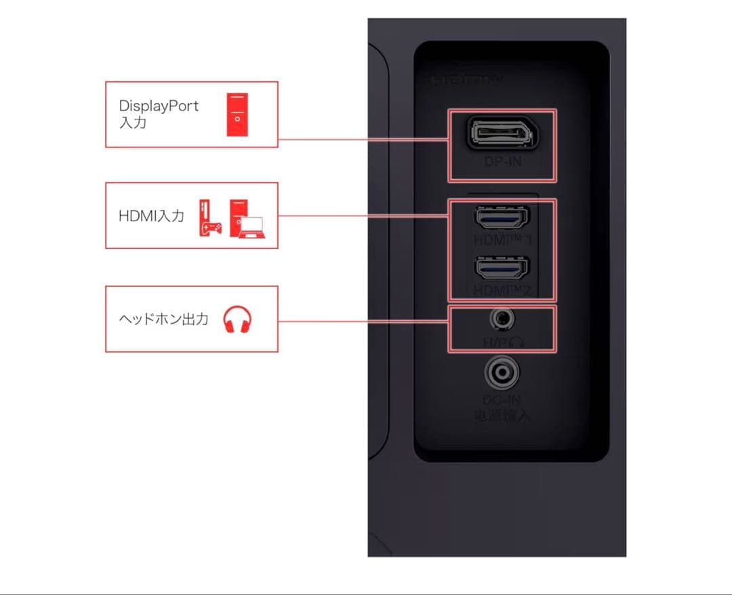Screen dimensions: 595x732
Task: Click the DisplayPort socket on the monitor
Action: [502, 134]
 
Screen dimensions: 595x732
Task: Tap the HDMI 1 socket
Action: [502, 217]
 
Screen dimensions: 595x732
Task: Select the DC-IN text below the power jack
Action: [502, 401]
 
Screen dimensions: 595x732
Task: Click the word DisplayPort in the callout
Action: [159, 107]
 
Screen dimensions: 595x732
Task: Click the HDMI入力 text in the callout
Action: [151, 216]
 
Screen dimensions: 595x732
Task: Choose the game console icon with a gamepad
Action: [209, 218]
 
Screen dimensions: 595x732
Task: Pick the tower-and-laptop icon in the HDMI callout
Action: [247, 218]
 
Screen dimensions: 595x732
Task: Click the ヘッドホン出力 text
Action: [163, 319]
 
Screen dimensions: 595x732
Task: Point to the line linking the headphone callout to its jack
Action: [363, 320]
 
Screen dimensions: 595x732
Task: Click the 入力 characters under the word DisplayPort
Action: [132, 123]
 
